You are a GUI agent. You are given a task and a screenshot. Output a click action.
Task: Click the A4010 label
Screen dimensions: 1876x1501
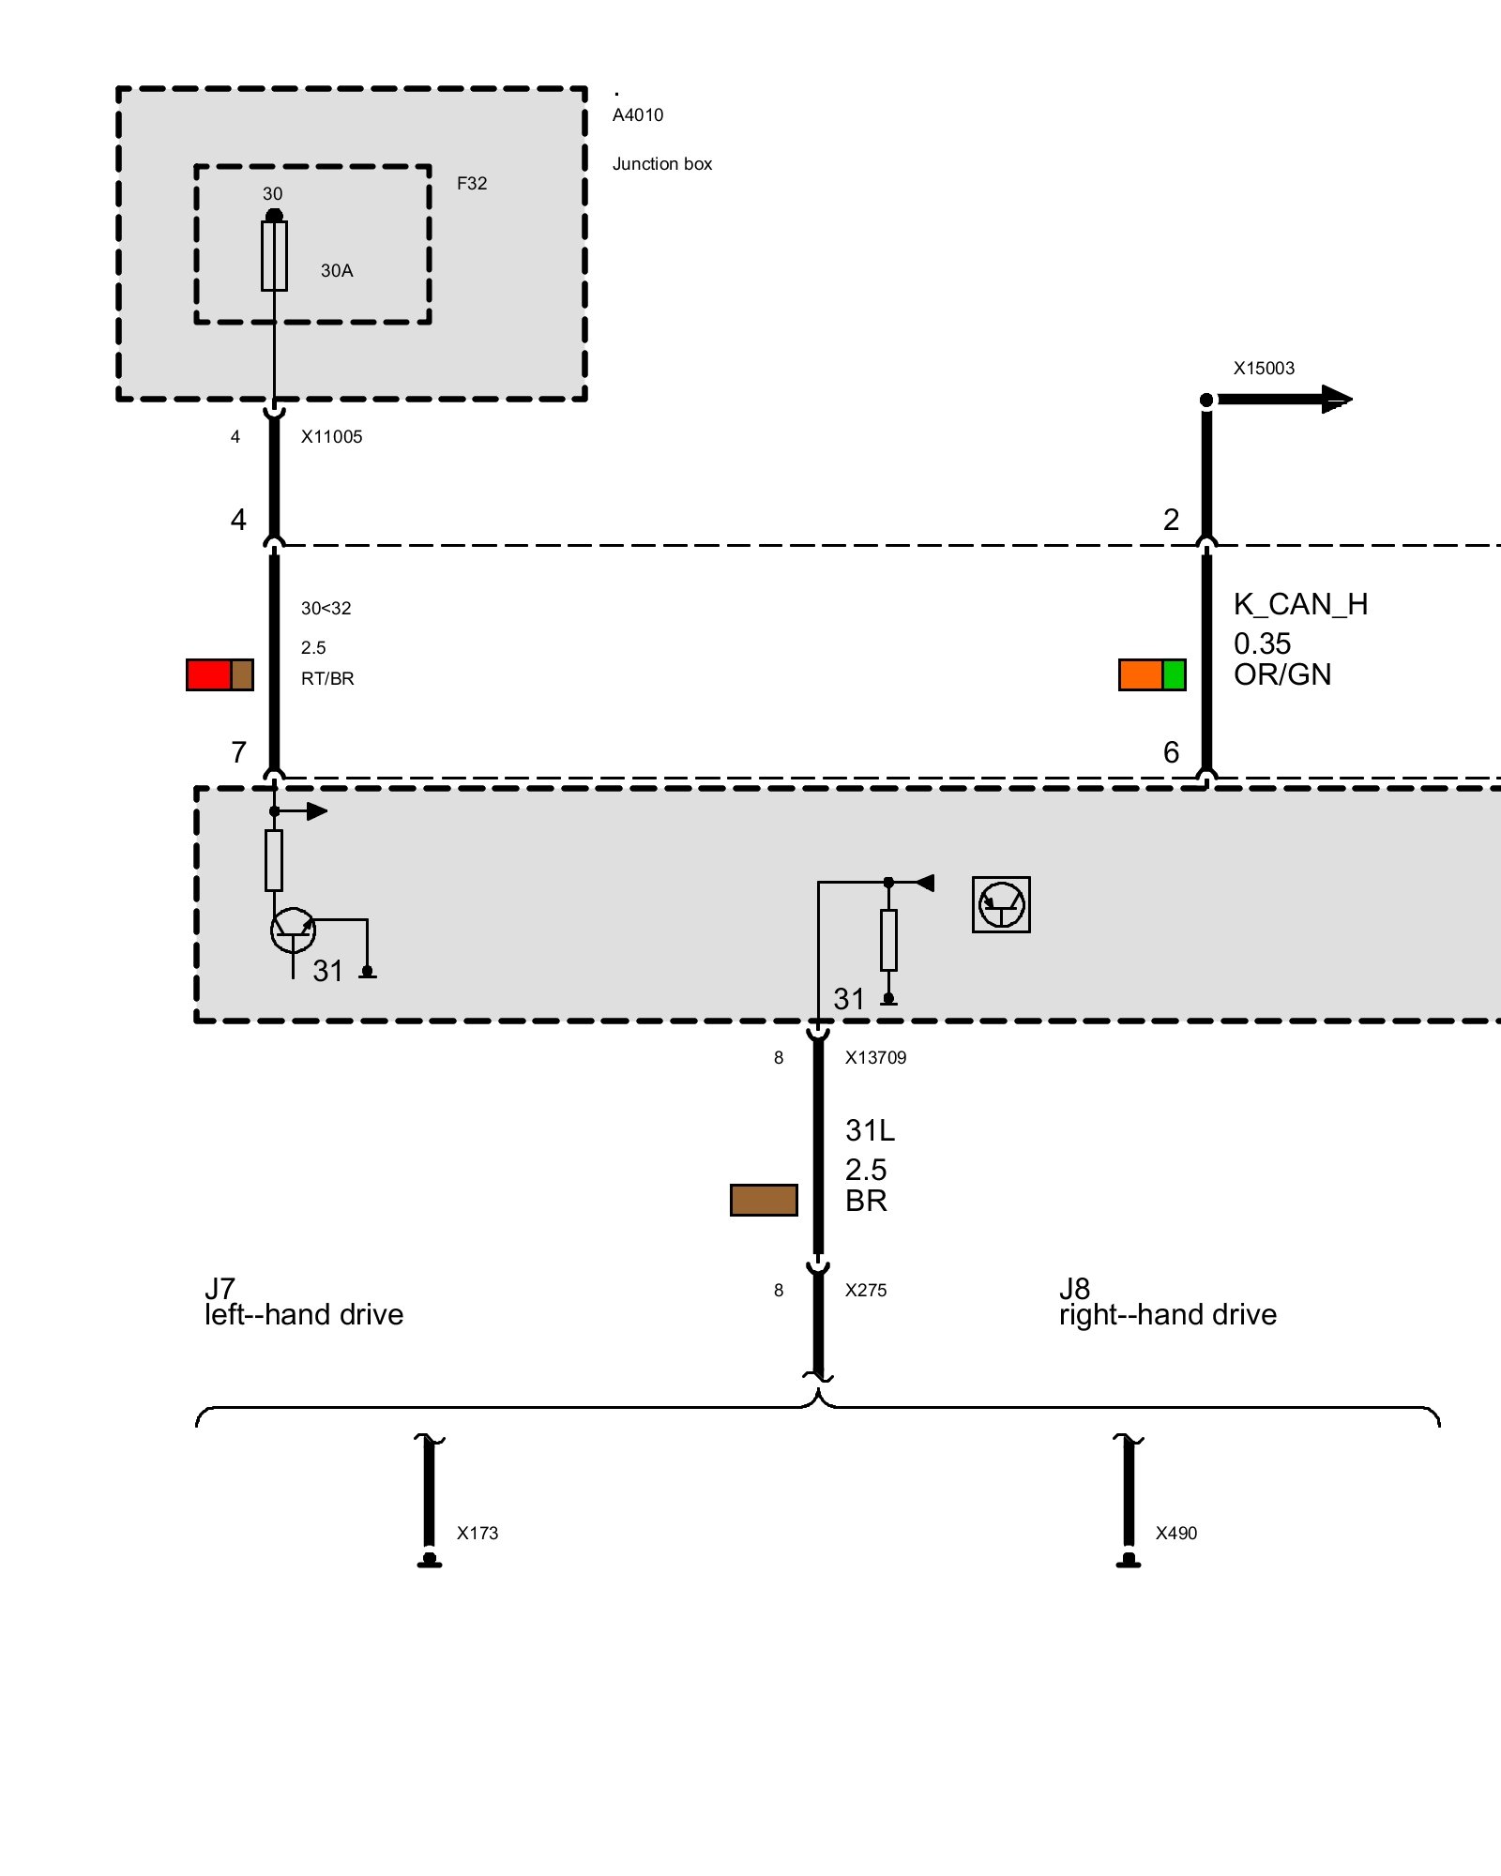(x=638, y=115)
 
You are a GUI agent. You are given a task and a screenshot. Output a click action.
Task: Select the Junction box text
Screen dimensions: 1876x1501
(x=662, y=164)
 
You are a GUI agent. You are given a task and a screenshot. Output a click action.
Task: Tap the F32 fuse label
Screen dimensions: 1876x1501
(x=472, y=184)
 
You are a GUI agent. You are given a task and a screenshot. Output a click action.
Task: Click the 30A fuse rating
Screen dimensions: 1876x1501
(x=337, y=271)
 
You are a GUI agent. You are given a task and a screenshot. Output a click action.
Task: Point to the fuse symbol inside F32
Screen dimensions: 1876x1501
(x=274, y=256)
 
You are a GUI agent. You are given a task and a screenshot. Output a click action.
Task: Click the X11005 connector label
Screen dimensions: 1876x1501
(x=331, y=437)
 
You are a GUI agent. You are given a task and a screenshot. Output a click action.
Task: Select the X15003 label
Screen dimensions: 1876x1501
(x=1264, y=369)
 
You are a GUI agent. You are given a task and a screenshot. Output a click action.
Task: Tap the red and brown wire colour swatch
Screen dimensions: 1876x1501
(x=220, y=675)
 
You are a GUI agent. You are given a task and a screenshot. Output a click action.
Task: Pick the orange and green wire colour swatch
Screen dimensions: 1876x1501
(x=1152, y=675)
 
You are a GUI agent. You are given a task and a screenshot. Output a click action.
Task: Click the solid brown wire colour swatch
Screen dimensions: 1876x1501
(x=764, y=1201)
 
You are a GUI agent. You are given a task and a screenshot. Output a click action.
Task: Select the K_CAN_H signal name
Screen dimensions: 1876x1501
(x=1300, y=605)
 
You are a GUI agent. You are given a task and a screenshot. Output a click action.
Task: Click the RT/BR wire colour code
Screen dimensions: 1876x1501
(x=327, y=679)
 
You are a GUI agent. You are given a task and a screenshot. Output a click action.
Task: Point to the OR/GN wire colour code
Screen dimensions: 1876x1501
(x=1282, y=675)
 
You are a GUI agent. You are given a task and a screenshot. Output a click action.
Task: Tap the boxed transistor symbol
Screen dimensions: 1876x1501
(x=1001, y=905)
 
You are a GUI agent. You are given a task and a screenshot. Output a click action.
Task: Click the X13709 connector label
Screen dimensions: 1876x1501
(x=875, y=1058)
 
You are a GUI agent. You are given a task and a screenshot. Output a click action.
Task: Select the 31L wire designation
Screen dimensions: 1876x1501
(x=870, y=1131)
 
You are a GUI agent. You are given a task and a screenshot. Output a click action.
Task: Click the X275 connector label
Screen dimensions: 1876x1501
(x=865, y=1291)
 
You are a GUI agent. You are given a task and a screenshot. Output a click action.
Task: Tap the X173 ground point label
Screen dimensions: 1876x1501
(x=478, y=1534)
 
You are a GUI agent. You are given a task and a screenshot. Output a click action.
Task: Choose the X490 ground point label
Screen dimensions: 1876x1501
(x=1176, y=1534)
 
